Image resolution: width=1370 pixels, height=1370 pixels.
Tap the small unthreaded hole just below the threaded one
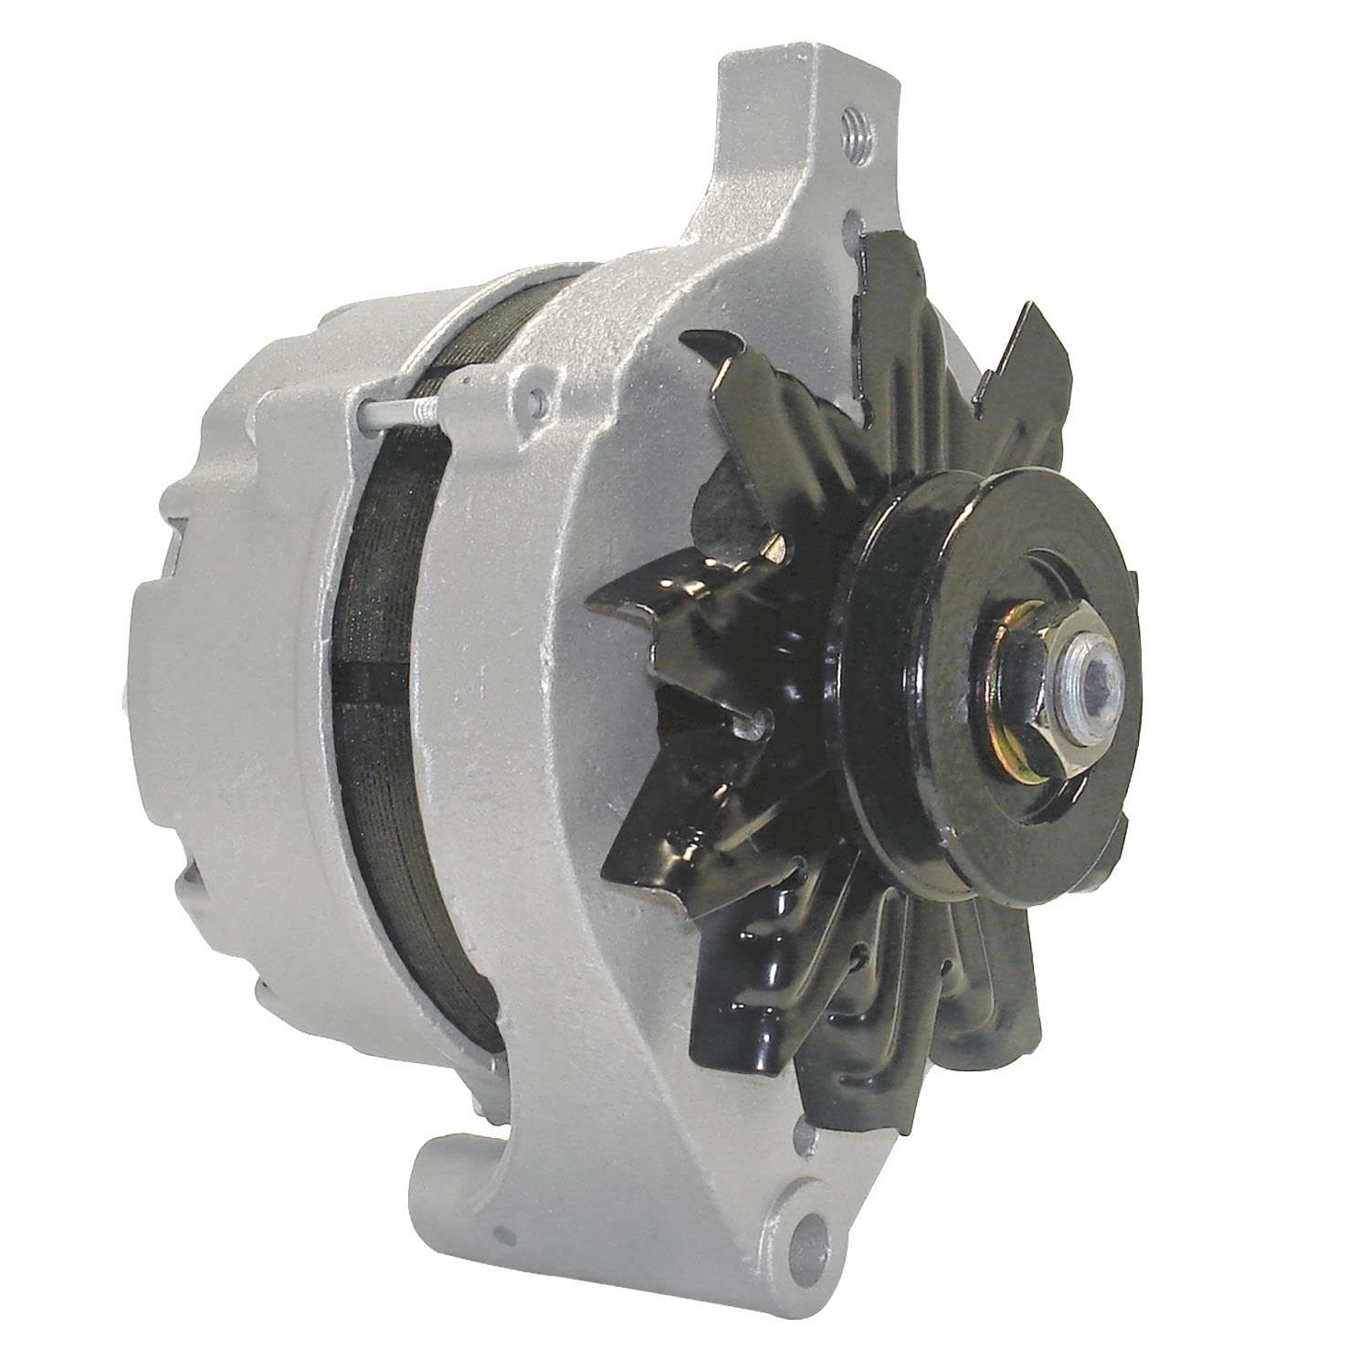click(852, 222)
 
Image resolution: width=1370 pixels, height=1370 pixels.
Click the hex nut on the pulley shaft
click(1050, 657)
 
